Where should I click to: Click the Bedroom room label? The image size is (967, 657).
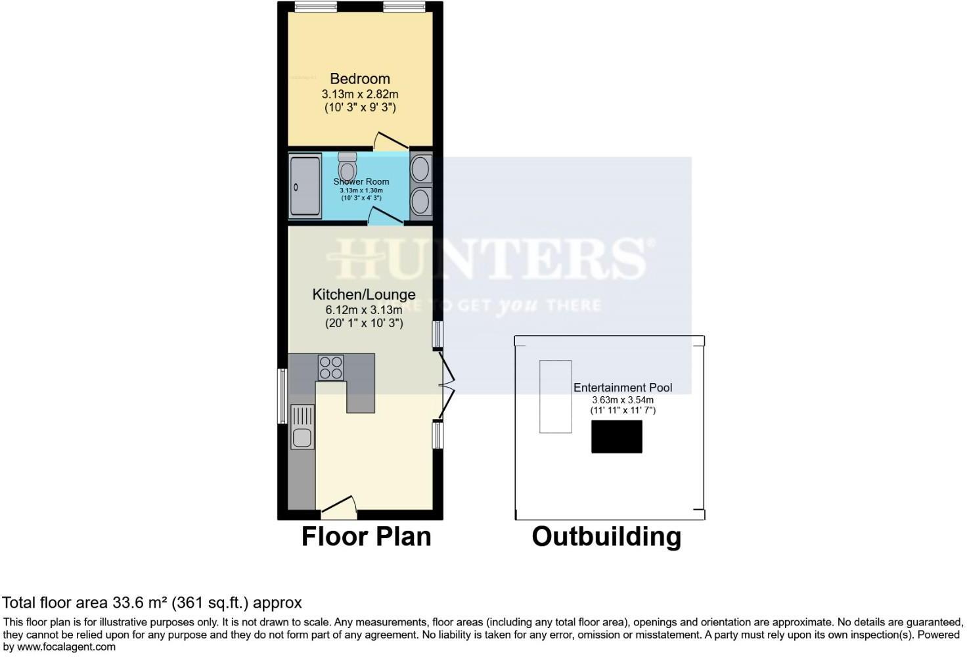coord(359,79)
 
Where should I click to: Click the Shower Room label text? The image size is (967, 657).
coord(361,181)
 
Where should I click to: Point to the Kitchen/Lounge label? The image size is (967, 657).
coord(363,294)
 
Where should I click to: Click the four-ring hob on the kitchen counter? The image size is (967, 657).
coord(330,367)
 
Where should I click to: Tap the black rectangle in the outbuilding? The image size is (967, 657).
coord(616,437)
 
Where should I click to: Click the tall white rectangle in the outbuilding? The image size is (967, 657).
coord(555,396)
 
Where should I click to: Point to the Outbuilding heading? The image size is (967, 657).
coord(606,537)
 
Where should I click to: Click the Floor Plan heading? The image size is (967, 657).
coord(366,537)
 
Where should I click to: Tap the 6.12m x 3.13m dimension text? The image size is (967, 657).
coord(363,309)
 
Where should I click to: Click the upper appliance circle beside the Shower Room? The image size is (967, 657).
coord(420,169)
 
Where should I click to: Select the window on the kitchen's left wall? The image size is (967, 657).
coord(282,396)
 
